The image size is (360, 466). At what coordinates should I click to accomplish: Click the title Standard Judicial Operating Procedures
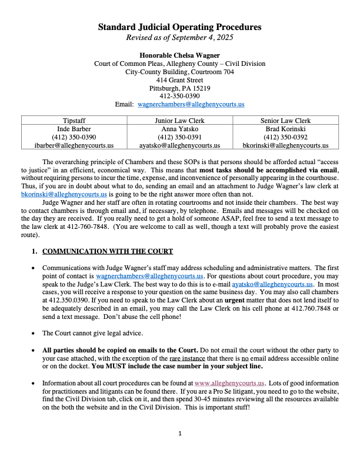pyautogui.click(x=179, y=27)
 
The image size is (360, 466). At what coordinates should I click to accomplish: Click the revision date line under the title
pyautogui.click(x=179, y=38)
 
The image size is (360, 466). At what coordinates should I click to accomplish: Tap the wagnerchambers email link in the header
pyautogui.click(x=191, y=104)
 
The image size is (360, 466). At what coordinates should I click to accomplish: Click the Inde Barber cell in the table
pyautogui.click(x=74, y=128)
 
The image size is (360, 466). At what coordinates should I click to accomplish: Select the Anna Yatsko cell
pyautogui.click(x=179, y=128)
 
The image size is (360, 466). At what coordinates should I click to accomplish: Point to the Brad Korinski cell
pyautogui.click(x=285, y=128)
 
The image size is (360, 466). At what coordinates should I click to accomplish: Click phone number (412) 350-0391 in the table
pyautogui.click(x=179, y=137)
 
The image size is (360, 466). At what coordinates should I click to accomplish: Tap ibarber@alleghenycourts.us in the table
pyautogui.click(x=74, y=145)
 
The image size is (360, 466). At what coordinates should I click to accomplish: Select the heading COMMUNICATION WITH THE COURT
pyautogui.click(x=108, y=252)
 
